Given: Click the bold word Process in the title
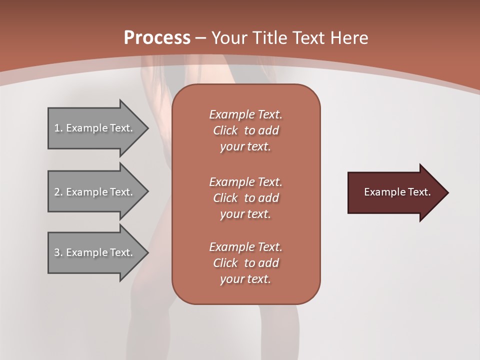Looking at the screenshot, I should pyautogui.click(x=157, y=38).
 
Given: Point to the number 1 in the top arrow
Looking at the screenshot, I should pyautogui.click(x=57, y=128).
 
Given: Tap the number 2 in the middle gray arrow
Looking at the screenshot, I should pyautogui.click(x=57, y=192).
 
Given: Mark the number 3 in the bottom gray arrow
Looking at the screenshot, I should pyautogui.click(x=57, y=252).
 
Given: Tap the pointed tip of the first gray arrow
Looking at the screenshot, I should pyautogui.click(x=147, y=128).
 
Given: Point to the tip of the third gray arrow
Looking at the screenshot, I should pyautogui.click(x=147, y=252).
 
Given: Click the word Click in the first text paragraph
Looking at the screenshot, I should pyautogui.click(x=225, y=130).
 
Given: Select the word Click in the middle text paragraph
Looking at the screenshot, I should pyautogui.click(x=225, y=198).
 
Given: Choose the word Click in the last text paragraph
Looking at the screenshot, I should pyautogui.click(x=225, y=263).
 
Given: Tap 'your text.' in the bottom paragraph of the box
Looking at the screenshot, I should pyautogui.click(x=245, y=279).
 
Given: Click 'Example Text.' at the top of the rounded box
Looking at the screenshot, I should pyautogui.click(x=245, y=114).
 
